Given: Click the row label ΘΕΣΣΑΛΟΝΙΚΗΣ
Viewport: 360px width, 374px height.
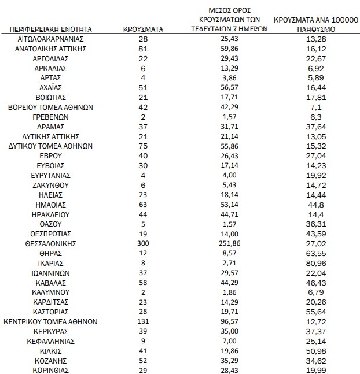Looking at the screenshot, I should click(50, 243).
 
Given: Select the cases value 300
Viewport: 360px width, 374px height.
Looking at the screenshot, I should click(144, 243).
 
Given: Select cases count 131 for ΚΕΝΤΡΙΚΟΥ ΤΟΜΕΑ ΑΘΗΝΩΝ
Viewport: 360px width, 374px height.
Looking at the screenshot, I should click(144, 321).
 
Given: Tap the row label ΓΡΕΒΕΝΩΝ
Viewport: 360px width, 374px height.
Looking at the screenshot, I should click(50, 117).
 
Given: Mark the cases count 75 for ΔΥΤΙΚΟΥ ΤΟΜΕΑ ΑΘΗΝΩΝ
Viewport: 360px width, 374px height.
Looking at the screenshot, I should click(144, 146).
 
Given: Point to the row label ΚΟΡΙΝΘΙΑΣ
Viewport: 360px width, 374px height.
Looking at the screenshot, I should click(50, 370).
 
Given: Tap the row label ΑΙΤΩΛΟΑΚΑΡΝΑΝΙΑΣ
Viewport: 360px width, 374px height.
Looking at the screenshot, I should click(50, 39).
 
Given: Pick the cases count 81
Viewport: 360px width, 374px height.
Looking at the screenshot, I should click(144, 49).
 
